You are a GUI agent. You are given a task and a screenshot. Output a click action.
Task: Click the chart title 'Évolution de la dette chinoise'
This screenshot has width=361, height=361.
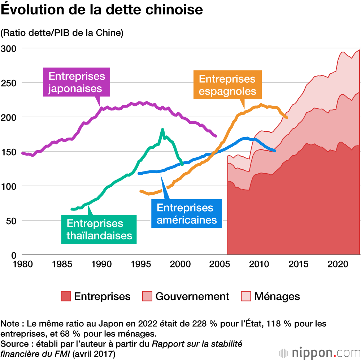point(101,10)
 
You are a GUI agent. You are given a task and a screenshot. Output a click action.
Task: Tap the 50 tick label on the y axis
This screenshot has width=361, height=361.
point(10,220)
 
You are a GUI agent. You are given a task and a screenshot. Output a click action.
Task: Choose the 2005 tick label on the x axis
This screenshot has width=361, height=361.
point(218,264)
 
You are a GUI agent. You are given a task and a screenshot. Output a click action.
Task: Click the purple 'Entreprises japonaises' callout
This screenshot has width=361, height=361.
point(77,82)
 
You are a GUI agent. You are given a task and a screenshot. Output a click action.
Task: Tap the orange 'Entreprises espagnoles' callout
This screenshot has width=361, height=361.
point(227,85)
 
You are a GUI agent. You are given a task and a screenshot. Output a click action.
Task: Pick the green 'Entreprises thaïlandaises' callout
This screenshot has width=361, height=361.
point(99,229)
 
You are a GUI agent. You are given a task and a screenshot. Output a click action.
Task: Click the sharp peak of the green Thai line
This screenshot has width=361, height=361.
point(162,130)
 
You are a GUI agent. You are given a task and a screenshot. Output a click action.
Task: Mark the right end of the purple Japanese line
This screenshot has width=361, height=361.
point(216,136)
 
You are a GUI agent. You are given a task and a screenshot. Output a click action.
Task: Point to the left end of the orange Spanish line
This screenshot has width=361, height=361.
point(141,191)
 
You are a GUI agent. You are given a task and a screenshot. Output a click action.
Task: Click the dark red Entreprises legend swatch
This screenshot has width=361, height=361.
point(66,296)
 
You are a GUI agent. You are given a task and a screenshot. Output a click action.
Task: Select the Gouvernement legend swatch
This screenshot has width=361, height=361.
point(147,296)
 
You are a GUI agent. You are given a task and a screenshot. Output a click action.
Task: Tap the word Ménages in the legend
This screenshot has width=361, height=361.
point(277,296)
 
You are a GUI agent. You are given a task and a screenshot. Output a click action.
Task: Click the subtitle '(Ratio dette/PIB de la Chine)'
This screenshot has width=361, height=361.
point(62,33)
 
